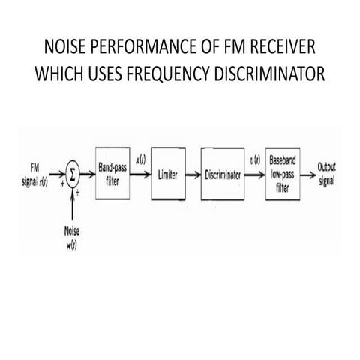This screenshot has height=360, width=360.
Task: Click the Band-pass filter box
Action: pyautogui.click(x=113, y=174)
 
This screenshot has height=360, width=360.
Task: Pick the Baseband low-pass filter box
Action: pyautogui.click(x=283, y=174)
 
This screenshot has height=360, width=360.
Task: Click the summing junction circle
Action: pyautogui.click(x=73, y=174)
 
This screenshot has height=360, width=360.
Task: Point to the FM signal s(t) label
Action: pyautogui.click(x=35, y=174)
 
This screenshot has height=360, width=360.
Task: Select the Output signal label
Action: pyautogui.click(x=327, y=173)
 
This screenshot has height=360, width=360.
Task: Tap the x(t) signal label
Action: pyautogui.click(x=141, y=158)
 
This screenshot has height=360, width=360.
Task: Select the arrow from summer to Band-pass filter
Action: pyautogui.click(x=88, y=174)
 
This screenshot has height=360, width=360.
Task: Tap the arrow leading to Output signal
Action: pyautogui.click(x=308, y=174)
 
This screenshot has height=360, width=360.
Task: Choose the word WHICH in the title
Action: pyautogui.click(x=54, y=77)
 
